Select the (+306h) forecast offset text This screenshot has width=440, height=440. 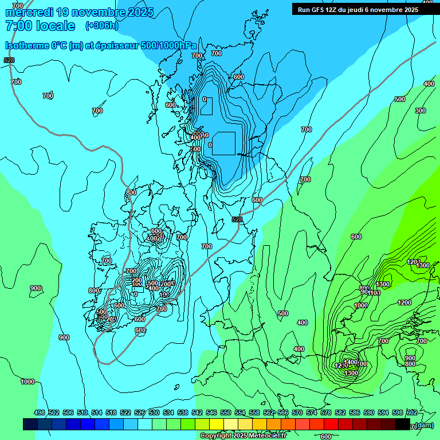102,26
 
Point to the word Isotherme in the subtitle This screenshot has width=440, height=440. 26,46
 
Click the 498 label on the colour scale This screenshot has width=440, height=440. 40,413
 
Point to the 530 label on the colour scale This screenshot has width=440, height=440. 154,413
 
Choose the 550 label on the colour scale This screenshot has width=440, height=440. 226,413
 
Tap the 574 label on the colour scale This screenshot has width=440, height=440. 312,413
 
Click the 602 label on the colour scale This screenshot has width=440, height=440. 411,413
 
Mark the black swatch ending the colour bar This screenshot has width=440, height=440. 403,424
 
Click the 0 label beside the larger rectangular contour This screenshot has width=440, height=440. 210,145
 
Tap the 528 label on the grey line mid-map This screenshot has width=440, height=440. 237,219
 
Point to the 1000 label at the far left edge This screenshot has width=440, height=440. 27,382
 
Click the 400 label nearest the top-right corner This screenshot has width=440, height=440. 429,84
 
